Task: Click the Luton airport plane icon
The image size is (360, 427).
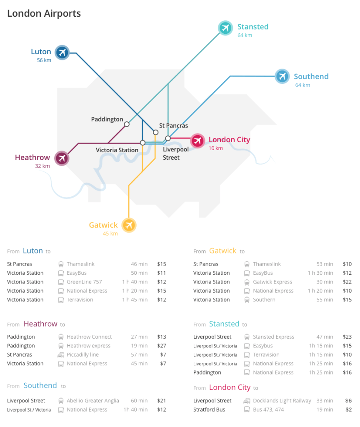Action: [x=62, y=53]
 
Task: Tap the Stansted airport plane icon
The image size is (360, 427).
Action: [x=225, y=28]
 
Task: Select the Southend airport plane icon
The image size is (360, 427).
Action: [x=282, y=76]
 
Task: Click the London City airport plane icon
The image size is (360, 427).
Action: [x=197, y=141]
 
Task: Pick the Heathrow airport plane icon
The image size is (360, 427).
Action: [x=62, y=158]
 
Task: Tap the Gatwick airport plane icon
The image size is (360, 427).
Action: [x=129, y=225]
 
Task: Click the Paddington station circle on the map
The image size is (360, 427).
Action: [x=127, y=124]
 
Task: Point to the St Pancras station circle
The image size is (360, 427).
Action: [x=155, y=132]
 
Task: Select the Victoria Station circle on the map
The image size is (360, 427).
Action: [x=142, y=143]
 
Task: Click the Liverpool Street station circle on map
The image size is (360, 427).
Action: [x=168, y=138]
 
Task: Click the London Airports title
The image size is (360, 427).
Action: [x=44, y=13]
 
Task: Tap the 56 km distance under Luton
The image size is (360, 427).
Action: [x=44, y=60]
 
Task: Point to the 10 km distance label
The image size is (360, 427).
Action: [x=215, y=148]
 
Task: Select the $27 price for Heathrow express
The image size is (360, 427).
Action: [x=162, y=346]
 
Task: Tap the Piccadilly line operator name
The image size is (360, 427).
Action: [x=82, y=355]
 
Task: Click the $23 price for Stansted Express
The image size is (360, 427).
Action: [x=347, y=337]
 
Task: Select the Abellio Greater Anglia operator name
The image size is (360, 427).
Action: [x=92, y=401]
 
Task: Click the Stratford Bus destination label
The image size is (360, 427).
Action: [x=209, y=409]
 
